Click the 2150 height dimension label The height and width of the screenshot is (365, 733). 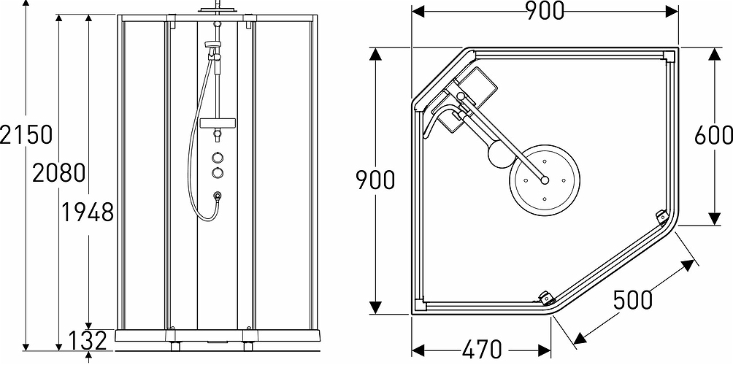[x=27, y=135]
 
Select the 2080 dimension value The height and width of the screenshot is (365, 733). [x=59, y=174]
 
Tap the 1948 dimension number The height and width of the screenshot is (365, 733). [x=87, y=212]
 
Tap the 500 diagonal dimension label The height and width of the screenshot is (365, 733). [x=632, y=300]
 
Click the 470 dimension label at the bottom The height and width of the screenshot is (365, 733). [x=480, y=349]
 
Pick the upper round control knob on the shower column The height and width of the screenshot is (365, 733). [x=217, y=156]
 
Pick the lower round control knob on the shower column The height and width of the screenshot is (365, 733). [x=217, y=172]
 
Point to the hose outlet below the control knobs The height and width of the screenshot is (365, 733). [x=217, y=196]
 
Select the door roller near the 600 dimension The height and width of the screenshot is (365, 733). [x=661, y=217]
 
